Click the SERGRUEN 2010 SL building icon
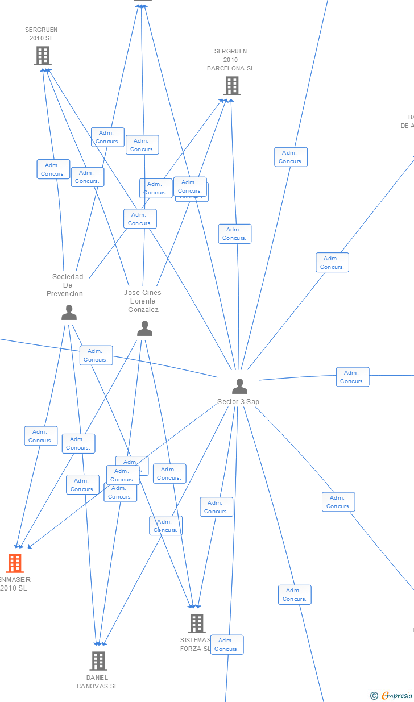click(43, 56)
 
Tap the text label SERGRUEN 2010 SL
click(41, 34)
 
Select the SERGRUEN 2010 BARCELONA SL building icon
click(231, 86)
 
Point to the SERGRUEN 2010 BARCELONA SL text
click(230, 60)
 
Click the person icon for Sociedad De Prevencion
click(69, 313)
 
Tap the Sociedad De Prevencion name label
click(68, 285)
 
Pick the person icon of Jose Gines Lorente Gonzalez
click(144, 329)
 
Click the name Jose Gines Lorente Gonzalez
click(143, 301)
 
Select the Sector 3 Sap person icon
click(239, 387)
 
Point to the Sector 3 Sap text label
click(238, 402)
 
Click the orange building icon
click(14, 563)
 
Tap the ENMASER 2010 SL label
click(14, 584)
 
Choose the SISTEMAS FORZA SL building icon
click(196, 623)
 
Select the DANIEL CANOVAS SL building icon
click(98, 661)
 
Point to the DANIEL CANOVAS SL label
click(97, 682)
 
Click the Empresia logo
click(397, 696)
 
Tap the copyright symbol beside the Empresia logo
click(374, 696)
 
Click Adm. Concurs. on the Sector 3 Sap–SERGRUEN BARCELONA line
click(234, 234)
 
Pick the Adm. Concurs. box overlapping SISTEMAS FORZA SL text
click(226, 645)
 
